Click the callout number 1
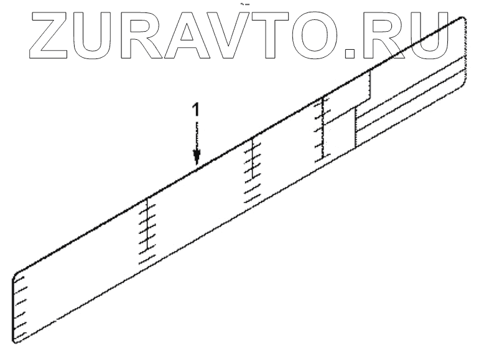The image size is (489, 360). tap(196, 111)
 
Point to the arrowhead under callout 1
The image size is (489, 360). tap(197, 157)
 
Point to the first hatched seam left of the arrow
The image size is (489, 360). tap(147, 230)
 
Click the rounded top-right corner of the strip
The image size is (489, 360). tap(462, 21)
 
